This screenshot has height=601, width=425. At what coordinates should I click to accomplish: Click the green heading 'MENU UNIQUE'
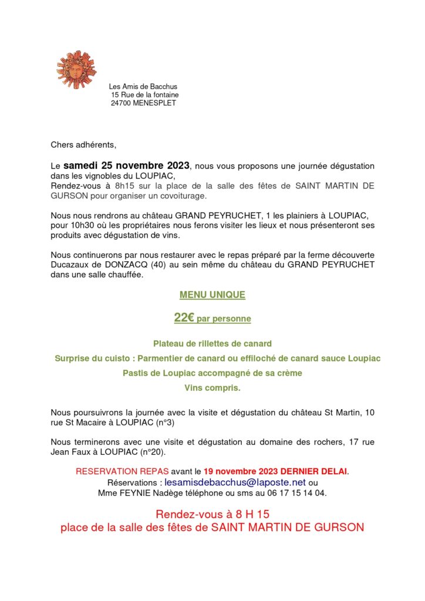tap(212, 295)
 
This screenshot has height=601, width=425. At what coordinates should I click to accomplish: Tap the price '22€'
tap(184, 318)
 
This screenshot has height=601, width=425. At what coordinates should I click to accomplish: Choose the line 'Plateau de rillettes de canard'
tap(212, 343)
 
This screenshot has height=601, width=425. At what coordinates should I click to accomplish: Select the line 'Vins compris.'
tap(212, 387)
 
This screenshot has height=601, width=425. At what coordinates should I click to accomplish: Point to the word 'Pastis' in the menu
tap(136, 373)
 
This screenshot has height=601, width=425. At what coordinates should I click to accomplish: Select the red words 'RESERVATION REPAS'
tap(122, 471)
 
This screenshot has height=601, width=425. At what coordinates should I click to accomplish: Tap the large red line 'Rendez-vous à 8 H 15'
tap(212, 514)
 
